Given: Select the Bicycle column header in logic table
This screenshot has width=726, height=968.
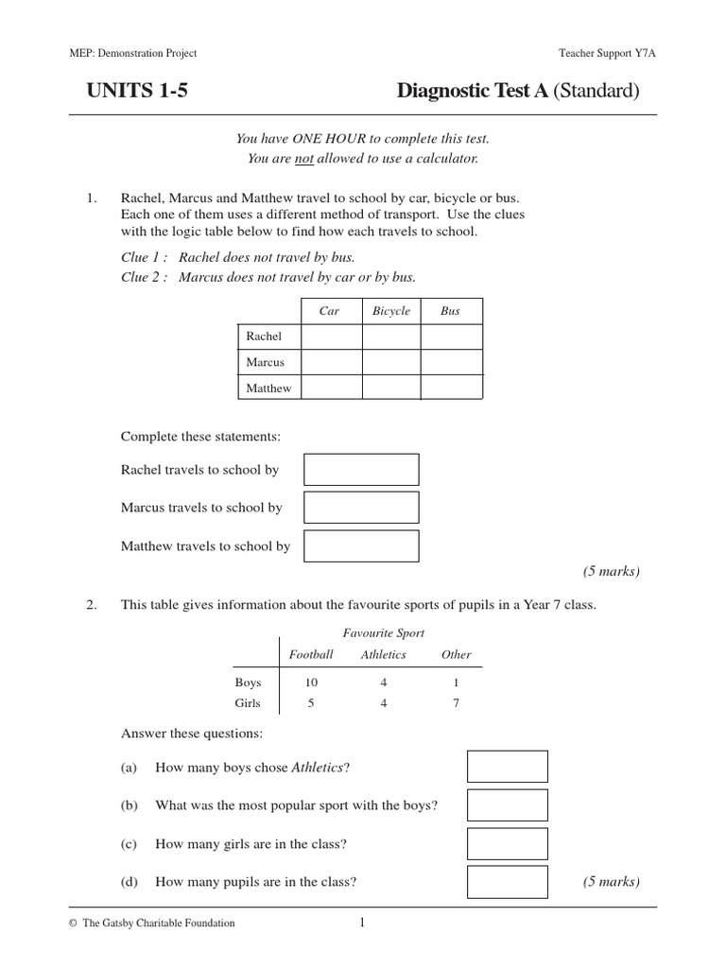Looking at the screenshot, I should tap(391, 311).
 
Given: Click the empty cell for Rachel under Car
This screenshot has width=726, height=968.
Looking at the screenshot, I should tap(331, 337).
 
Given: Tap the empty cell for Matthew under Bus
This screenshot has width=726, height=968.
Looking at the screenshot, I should tap(451, 388).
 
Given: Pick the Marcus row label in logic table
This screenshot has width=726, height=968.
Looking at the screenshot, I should tap(265, 362).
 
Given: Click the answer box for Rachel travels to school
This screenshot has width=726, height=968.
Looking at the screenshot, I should tap(361, 470).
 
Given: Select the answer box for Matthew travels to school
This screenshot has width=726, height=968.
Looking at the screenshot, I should tap(361, 545).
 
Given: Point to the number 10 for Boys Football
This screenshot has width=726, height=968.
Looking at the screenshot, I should tap(312, 682).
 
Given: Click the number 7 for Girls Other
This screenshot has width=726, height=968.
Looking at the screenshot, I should tap(457, 703).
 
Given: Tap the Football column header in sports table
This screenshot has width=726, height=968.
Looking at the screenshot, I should tap(311, 654).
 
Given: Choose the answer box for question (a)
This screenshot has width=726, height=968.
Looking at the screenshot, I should tap(508, 767).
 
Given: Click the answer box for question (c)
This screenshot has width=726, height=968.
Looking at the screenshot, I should tap(508, 844).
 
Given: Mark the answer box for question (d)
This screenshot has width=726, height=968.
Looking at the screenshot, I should tap(508, 882).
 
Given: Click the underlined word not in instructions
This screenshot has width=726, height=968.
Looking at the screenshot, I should tap(303, 159).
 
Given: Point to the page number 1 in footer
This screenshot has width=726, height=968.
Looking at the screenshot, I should tap(361, 924).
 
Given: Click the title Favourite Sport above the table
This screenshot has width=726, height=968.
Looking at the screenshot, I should tap(383, 633).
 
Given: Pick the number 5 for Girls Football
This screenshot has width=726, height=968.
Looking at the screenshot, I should tap(312, 703).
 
